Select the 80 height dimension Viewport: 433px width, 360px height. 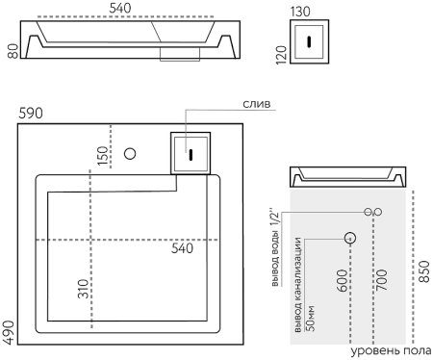click(13, 49)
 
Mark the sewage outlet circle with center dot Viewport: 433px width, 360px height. click(350, 237)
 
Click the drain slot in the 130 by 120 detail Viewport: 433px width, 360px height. click(308, 40)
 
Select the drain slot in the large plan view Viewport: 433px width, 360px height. click(191, 151)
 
